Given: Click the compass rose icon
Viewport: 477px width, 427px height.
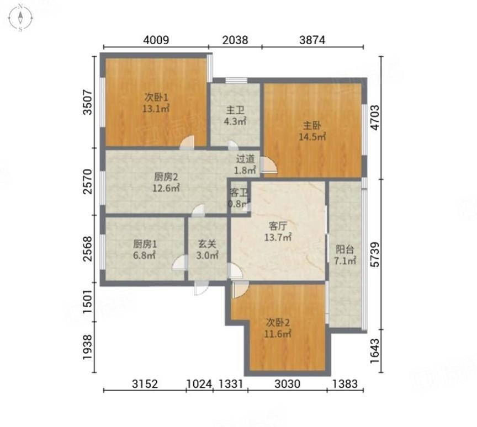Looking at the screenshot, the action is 20,17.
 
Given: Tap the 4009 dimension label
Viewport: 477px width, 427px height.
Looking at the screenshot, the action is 156,40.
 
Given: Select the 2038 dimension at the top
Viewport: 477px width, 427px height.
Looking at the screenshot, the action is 235,40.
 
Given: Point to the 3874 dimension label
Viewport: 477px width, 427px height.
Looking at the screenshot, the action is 312,40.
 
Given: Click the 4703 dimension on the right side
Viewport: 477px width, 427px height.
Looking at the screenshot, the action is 375,118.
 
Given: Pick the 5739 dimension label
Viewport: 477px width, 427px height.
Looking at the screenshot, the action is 375,254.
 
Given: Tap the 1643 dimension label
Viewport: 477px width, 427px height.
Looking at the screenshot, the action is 375,351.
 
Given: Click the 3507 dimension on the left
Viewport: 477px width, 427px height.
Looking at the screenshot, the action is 87,102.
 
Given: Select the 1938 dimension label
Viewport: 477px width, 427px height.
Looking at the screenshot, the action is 87,347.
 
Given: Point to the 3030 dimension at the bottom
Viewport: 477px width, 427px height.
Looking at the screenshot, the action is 288,384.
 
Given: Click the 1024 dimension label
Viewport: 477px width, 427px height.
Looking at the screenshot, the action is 199,384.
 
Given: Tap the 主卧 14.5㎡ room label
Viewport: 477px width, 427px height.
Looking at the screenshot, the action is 312,131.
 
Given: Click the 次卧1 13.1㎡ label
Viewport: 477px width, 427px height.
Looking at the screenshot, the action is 156,103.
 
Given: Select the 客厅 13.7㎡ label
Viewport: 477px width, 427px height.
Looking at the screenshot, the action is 278,231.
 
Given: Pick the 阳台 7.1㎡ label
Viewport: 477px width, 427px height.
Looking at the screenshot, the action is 345,255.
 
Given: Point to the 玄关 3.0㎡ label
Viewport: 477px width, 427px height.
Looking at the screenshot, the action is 207,249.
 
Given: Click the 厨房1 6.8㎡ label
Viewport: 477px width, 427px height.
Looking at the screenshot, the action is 145,249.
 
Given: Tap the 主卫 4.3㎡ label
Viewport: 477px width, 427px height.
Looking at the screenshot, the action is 235,115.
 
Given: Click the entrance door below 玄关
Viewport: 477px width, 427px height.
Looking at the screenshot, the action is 202,287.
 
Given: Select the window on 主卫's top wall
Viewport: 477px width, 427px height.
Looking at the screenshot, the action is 236,81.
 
